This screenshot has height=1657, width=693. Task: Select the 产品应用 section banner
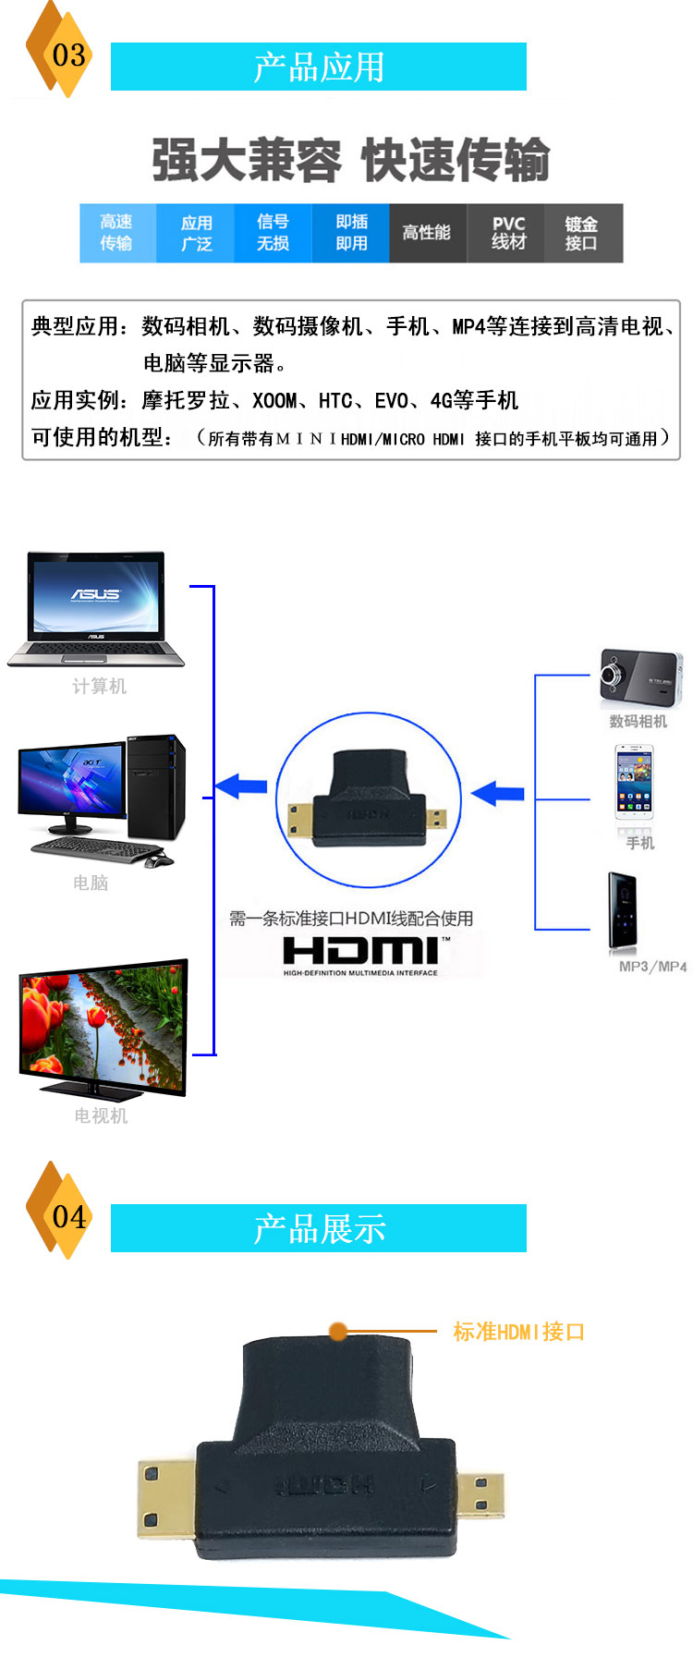click(318, 67)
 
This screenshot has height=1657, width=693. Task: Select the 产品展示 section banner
click(318, 1228)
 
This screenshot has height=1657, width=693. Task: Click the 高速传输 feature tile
click(117, 233)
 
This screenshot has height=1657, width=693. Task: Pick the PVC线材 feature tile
click(507, 233)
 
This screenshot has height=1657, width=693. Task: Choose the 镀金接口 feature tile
click(582, 233)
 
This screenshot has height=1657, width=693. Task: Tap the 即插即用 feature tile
click(351, 233)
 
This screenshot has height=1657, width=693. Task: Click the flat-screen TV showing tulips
click(103, 1028)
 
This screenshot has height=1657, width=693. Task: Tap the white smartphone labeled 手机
click(635, 783)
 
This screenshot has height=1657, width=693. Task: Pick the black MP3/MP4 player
click(622, 911)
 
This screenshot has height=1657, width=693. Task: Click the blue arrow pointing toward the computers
click(241, 787)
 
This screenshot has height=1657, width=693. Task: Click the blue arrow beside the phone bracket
click(498, 793)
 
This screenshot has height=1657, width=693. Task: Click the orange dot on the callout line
click(338, 1332)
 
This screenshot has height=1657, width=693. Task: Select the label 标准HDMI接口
click(518, 1332)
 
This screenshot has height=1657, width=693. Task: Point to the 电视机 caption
click(101, 1115)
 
